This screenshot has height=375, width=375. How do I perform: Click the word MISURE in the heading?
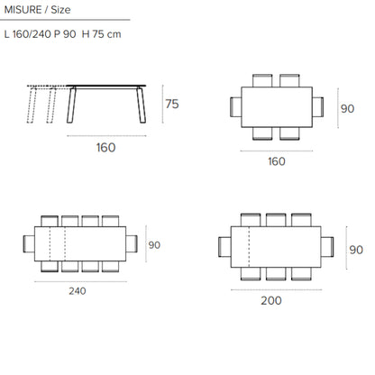23,10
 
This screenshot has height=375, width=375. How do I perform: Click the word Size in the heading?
60,10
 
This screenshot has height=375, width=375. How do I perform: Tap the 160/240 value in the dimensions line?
32,34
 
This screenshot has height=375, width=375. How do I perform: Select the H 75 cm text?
101,34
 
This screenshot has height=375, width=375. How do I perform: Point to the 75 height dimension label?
172,104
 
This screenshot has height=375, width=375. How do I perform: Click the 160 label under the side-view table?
105,148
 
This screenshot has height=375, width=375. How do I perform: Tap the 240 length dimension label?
78,291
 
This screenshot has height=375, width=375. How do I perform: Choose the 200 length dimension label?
271,300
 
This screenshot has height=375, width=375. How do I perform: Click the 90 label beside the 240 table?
154,245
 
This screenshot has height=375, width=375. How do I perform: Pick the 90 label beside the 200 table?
356,250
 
